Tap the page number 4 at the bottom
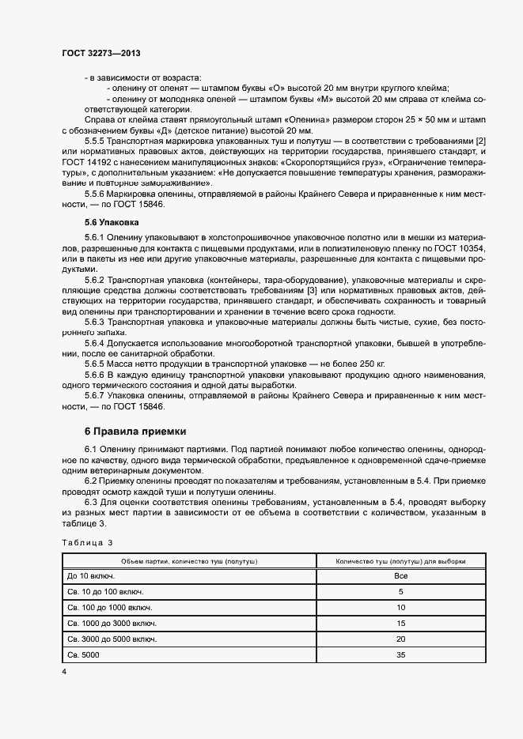(x=64, y=671)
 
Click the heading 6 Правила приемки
(x=135, y=431)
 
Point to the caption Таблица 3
(x=87, y=541)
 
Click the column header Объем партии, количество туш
(x=189, y=560)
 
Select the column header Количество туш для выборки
(x=400, y=560)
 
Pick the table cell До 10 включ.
(x=92, y=576)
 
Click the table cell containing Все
(x=400, y=576)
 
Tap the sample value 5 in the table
(x=400, y=591)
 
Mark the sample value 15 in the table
(x=400, y=623)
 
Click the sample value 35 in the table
(x=400, y=654)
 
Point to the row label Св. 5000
(x=84, y=654)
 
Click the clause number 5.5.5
(x=97, y=140)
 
